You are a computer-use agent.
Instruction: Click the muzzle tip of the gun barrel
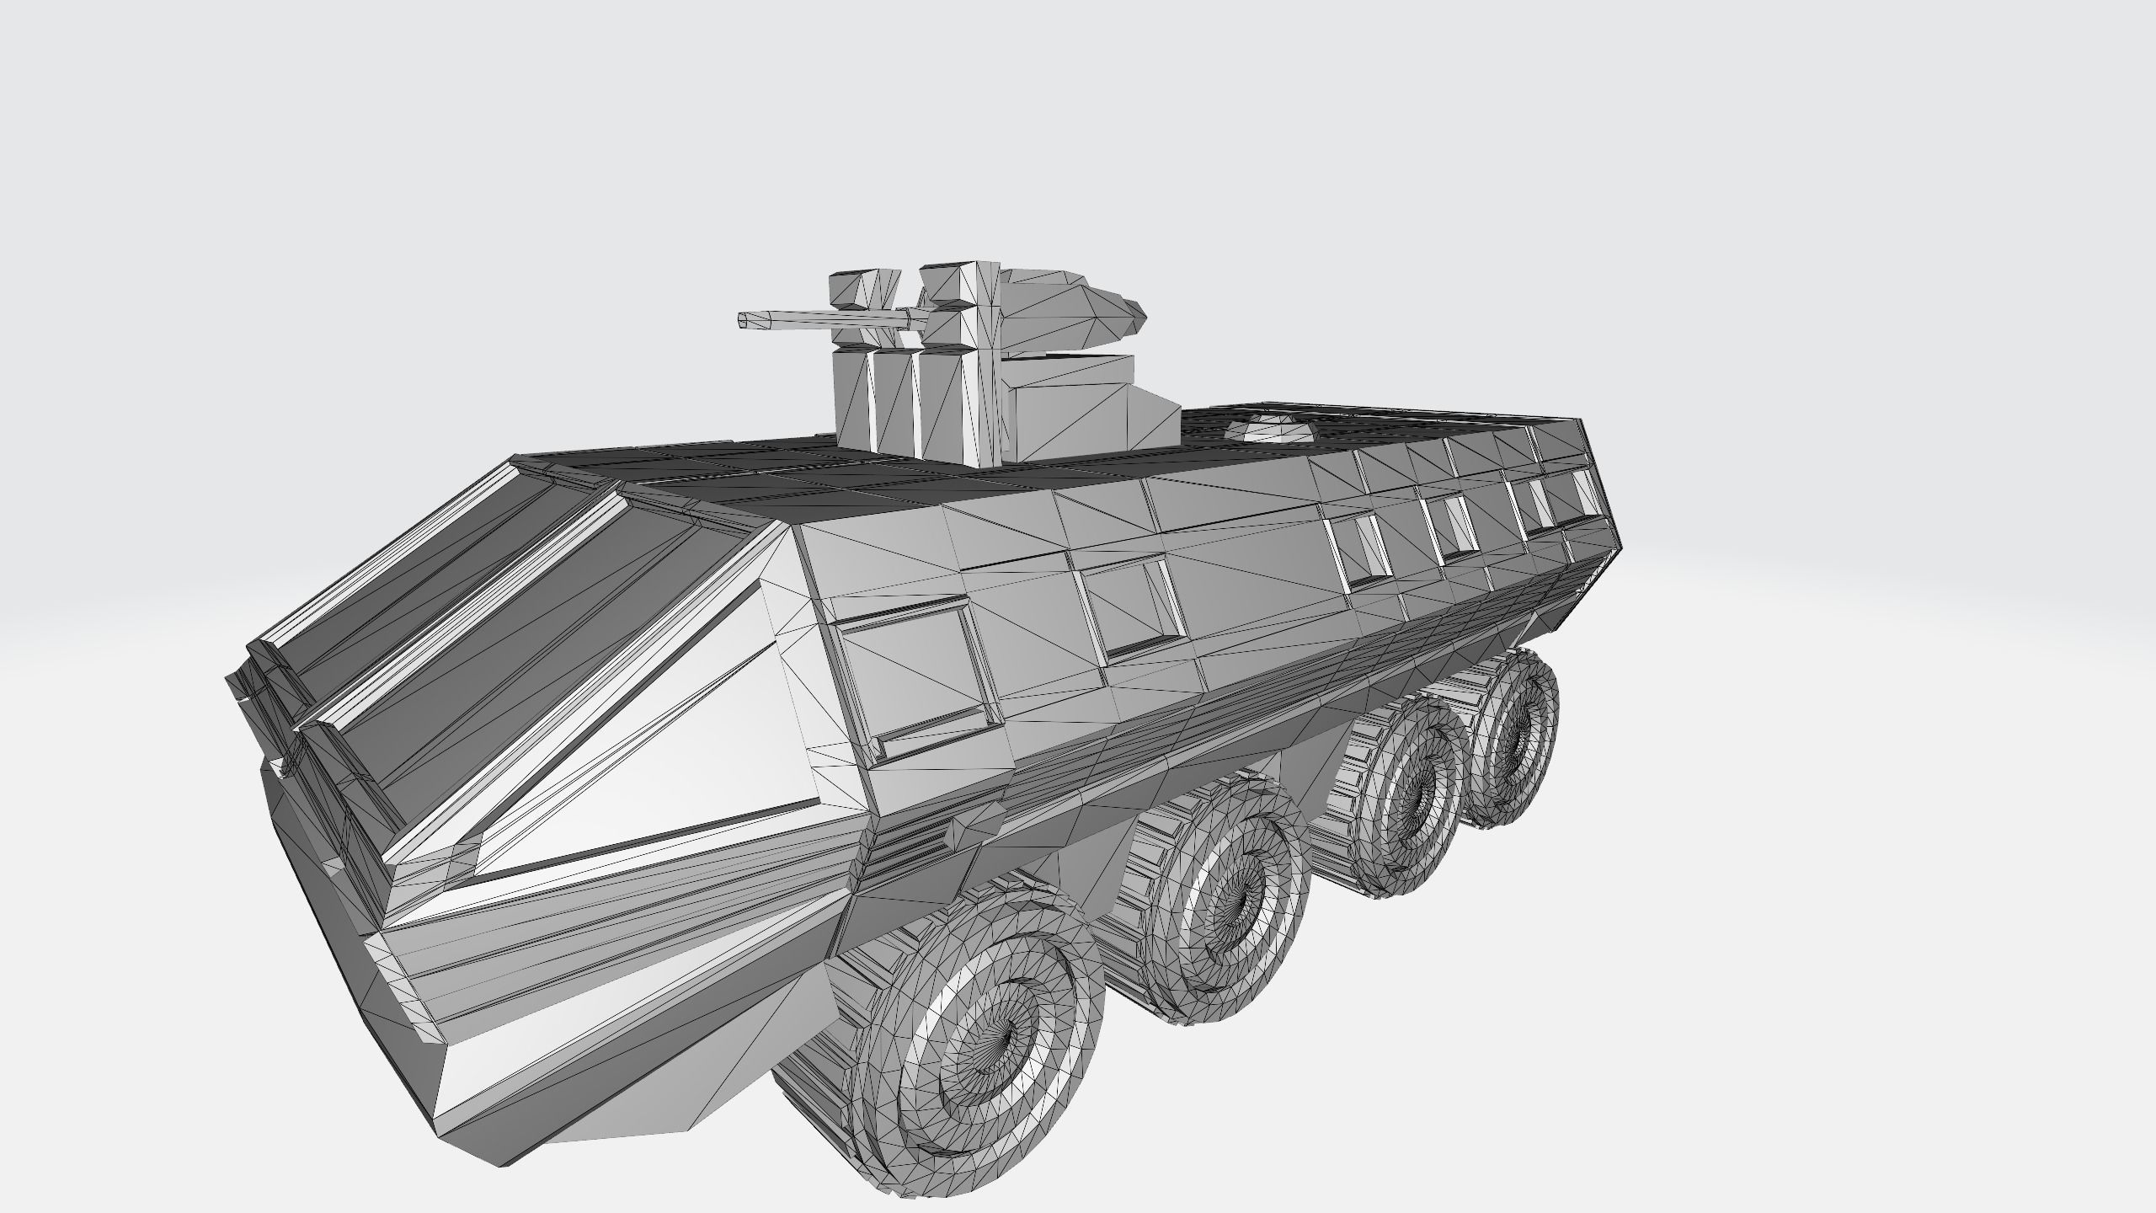coord(743,318)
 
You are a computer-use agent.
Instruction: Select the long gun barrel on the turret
coord(825,318)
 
